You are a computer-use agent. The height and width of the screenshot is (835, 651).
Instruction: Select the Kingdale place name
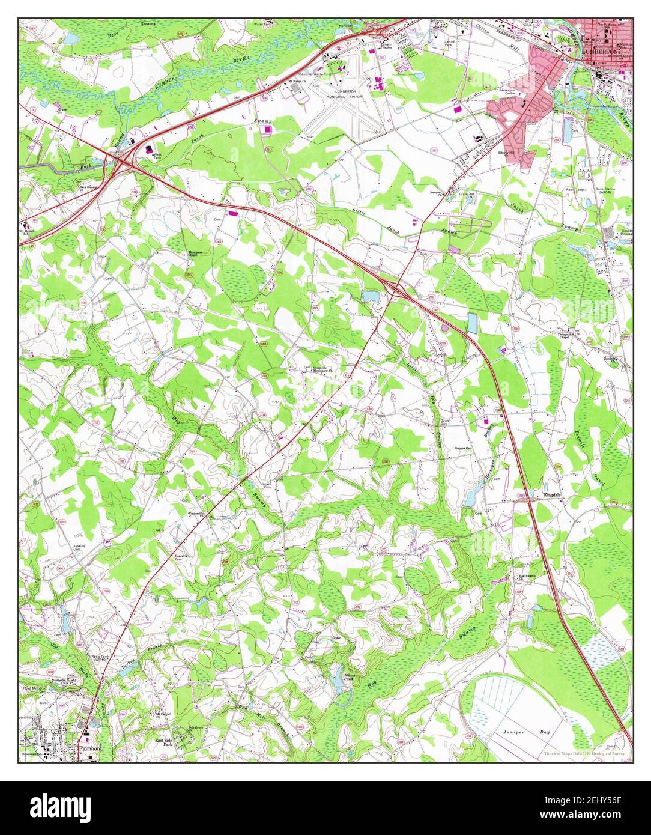click(553, 495)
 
